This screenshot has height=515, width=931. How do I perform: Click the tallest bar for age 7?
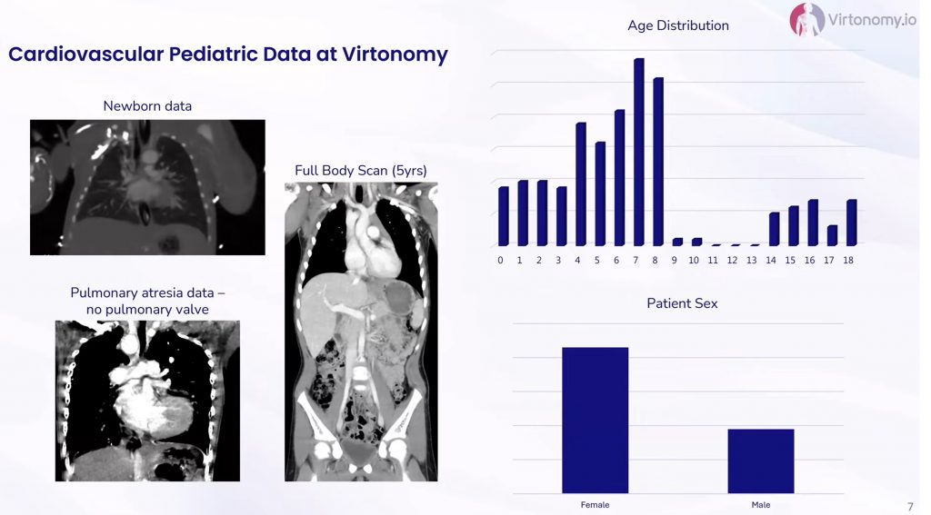639,152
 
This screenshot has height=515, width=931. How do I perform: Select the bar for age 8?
658,162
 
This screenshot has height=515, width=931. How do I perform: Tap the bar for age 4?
581,183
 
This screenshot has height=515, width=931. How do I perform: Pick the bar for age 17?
833,235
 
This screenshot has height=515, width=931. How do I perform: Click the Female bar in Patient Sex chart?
595,420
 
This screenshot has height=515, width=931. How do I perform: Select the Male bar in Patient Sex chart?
761,461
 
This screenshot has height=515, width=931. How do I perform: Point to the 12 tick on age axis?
732,260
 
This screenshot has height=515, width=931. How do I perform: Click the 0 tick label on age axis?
501,260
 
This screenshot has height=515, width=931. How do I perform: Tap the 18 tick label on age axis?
848,260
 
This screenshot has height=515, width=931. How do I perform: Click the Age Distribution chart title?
678,25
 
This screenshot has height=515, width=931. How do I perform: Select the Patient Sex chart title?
682,303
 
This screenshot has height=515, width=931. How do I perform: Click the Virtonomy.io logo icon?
806,19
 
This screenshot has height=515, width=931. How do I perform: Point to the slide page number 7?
910,506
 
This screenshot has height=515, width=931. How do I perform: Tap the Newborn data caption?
147,106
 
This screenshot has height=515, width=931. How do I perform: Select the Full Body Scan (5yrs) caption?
361,171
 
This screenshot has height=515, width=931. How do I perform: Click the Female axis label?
595,505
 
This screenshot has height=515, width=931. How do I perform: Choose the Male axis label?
761,505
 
